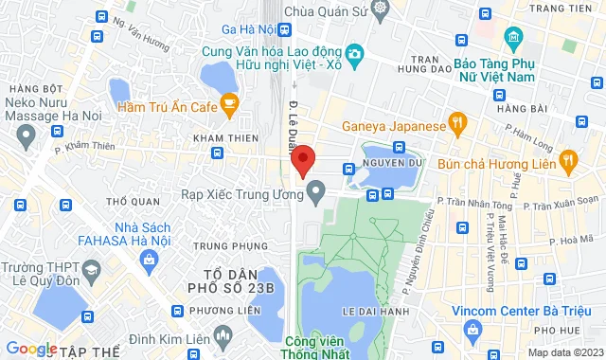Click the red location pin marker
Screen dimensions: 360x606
click(x=302, y=161)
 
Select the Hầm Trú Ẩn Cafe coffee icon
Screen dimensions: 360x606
click(x=228, y=107)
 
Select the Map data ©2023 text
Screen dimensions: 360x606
click(x=562, y=352)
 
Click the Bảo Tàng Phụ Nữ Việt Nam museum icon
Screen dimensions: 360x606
click(x=515, y=41)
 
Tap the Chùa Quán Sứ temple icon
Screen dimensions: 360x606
click(x=381, y=9)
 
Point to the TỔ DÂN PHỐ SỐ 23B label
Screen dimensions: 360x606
click(x=231, y=276)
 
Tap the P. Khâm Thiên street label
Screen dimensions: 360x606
click(x=89, y=146)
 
